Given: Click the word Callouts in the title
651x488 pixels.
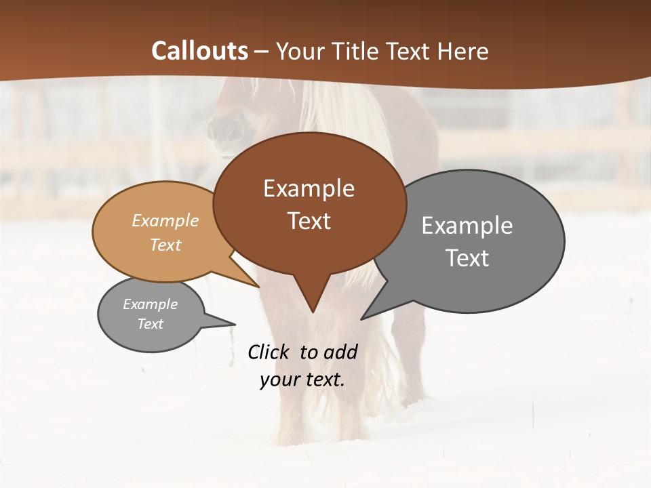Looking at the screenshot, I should pyautogui.click(x=199, y=51).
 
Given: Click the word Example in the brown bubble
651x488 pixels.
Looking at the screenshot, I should pyautogui.click(x=309, y=188).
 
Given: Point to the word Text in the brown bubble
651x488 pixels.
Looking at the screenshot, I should pyautogui.click(x=309, y=220).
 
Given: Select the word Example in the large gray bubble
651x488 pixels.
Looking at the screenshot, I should pyautogui.click(x=467, y=226).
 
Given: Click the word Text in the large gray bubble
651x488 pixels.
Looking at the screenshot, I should pyautogui.click(x=467, y=258).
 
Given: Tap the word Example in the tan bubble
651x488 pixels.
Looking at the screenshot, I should pyautogui.click(x=165, y=221).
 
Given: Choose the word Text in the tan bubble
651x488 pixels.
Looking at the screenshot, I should pyautogui.click(x=165, y=245).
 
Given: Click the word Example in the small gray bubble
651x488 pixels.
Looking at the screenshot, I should pyautogui.click(x=150, y=304).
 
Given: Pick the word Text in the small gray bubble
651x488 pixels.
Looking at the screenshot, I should pyautogui.click(x=150, y=324).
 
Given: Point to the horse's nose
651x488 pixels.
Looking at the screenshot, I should pyautogui.click(x=226, y=129).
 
